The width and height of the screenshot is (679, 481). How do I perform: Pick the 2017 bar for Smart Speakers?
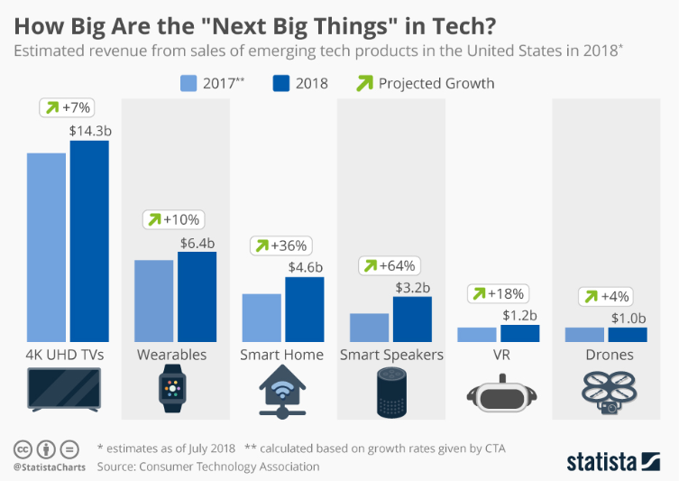tap(369, 328)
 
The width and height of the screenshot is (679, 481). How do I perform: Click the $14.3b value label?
tap(90, 130)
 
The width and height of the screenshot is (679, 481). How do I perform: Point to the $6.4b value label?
tap(197, 242)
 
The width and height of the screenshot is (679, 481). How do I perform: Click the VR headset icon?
tap(500, 394)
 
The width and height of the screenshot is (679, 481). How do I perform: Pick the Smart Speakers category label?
tap(391, 355)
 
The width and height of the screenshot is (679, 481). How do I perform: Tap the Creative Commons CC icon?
tap(23, 449)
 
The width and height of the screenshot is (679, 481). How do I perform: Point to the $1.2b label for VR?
tap(519, 315)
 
